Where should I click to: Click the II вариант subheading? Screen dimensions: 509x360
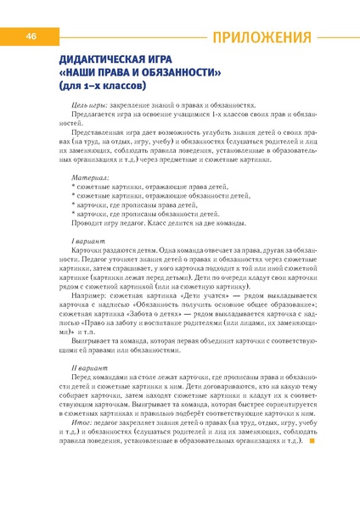click(89, 368)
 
